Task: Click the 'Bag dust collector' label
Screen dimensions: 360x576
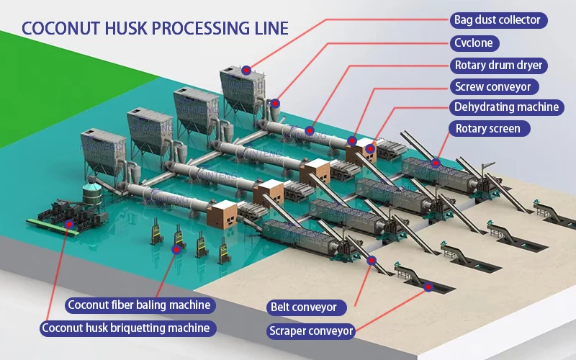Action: click(x=496, y=20)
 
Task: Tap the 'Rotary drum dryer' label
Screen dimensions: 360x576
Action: click(x=498, y=65)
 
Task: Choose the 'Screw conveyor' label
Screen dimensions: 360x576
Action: click(x=492, y=86)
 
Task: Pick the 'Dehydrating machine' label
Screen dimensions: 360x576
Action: click(x=506, y=107)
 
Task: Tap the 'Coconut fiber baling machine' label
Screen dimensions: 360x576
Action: click(x=139, y=305)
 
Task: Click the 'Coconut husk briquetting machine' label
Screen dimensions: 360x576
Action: click(x=126, y=328)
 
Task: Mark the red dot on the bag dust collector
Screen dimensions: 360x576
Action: click(x=246, y=70)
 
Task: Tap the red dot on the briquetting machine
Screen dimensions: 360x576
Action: click(x=69, y=224)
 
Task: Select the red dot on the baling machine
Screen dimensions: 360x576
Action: click(x=175, y=249)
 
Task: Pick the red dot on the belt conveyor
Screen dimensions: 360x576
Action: click(x=372, y=261)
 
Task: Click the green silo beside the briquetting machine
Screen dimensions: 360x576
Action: click(x=91, y=195)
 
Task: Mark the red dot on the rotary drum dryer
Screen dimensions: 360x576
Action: click(x=310, y=130)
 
